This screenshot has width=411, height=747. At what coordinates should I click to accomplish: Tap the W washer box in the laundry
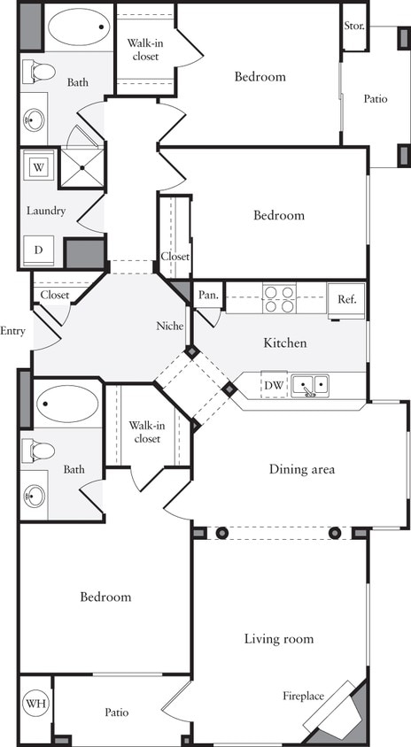pos(39,166)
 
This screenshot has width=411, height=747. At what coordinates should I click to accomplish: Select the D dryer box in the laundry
pos(39,250)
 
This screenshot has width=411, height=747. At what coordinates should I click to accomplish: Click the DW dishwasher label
pos(274,386)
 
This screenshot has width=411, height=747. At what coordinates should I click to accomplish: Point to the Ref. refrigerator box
pos(346,299)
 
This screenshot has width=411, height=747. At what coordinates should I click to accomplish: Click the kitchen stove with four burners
pos(279,299)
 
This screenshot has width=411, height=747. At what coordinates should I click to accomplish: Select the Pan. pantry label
pos(209,295)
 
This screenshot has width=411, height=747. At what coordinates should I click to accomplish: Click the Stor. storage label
pos(354,25)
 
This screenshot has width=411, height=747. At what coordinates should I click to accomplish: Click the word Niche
pos(169,326)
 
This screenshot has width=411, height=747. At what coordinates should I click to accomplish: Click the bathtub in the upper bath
pos(79,27)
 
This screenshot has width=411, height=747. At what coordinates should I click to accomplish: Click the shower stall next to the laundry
pos(81,168)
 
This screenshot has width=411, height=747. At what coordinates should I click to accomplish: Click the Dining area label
pos(302,469)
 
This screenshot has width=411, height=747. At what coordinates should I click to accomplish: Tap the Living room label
pos(279,638)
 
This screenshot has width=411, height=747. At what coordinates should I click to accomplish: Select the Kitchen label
pos(284,343)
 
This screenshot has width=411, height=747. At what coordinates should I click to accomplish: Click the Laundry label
pos(45,211)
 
